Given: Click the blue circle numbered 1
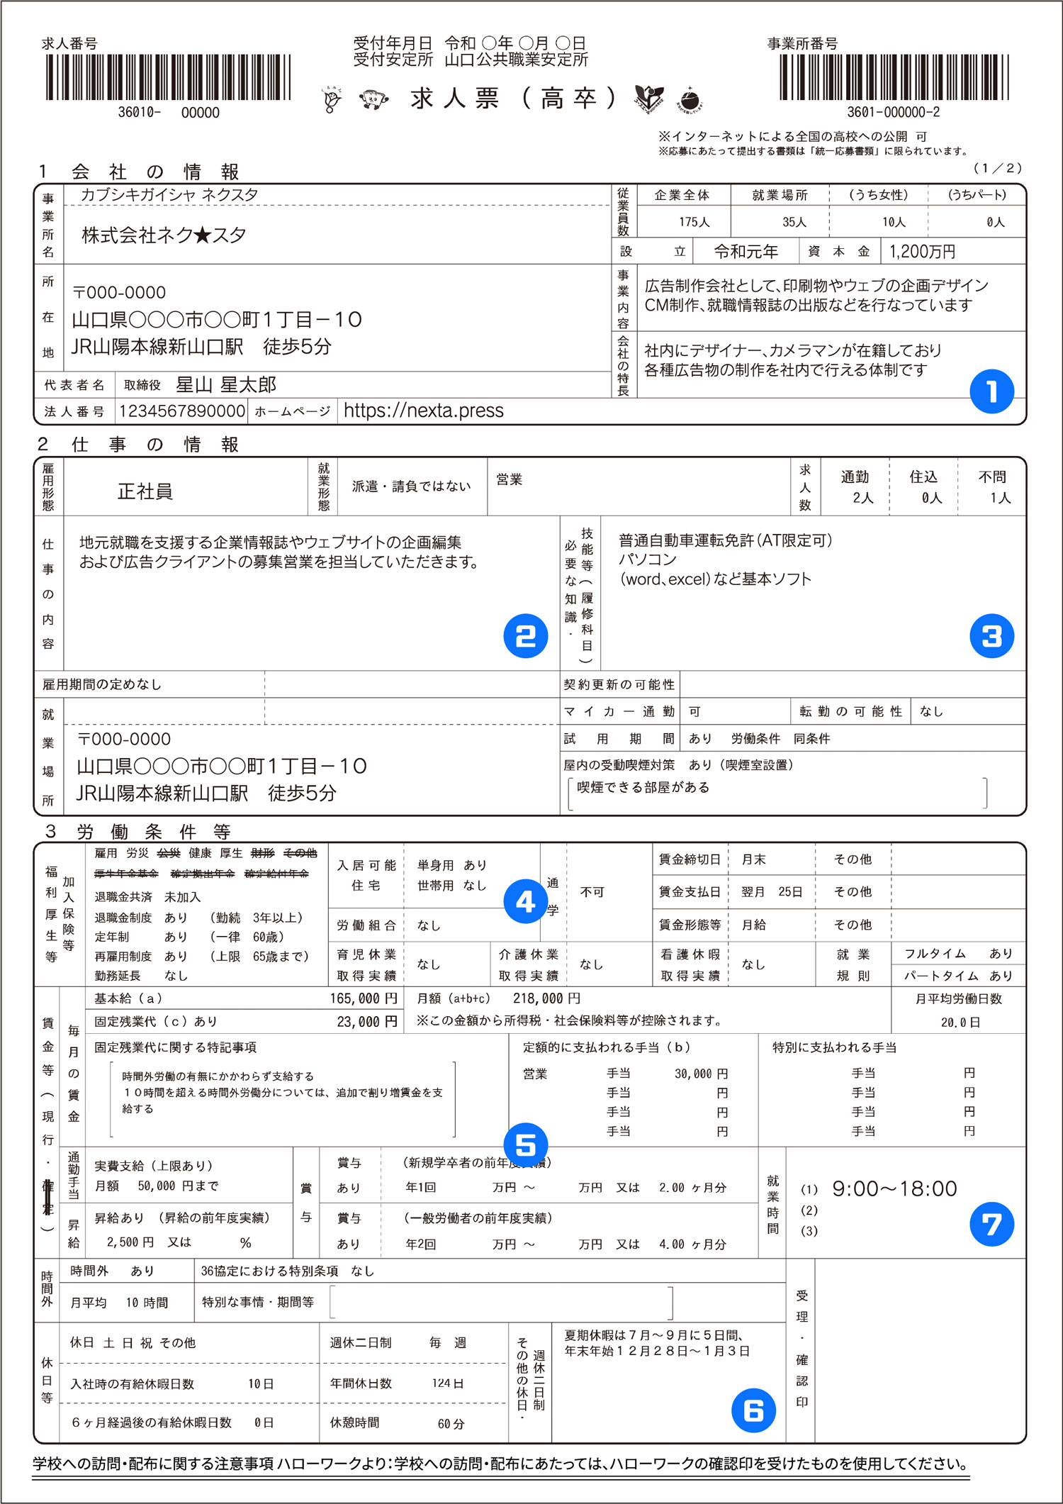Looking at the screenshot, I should click(991, 391).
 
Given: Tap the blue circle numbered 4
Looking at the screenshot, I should click(525, 901).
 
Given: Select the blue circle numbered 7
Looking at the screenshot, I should click(991, 1224).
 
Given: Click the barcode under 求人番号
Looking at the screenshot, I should click(169, 77).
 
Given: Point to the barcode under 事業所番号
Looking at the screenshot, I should click(894, 77).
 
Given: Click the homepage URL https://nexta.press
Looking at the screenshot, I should click(423, 411).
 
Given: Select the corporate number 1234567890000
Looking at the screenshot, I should click(182, 411).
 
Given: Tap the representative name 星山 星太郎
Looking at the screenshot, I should click(225, 385).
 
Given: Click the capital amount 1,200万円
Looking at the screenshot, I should click(922, 252).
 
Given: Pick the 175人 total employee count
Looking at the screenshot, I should click(694, 222).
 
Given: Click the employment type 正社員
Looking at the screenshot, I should click(145, 491).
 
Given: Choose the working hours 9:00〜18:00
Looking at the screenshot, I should click(894, 1189).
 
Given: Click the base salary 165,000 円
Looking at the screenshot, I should click(364, 998).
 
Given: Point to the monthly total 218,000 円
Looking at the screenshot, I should click(546, 998).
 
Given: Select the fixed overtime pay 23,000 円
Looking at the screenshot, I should click(367, 1022).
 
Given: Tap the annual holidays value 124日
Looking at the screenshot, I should click(448, 1383).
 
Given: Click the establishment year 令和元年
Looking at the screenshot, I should click(746, 252).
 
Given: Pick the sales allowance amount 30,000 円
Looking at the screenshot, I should click(701, 1074).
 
